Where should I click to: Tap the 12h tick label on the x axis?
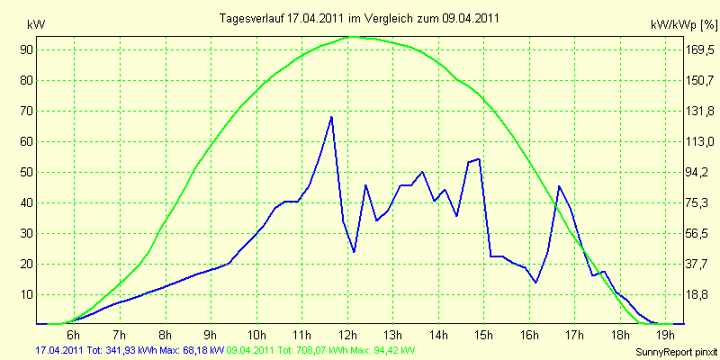(x=348, y=333)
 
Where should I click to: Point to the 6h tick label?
(x=74, y=333)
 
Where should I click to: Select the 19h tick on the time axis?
(x=666, y=333)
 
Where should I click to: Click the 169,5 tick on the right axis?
(x=701, y=49)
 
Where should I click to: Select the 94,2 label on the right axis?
(x=699, y=172)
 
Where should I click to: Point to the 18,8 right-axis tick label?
(x=699, y=294)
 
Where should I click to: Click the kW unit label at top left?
(x=36, y=25)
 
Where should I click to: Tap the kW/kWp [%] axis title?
(x=684, y=25)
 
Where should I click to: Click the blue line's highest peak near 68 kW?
(x=331, y=117)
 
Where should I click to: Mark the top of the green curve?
(x=354, y=36)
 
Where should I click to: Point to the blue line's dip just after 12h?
(x=354, y=252)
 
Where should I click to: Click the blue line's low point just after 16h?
(x=535, y=282)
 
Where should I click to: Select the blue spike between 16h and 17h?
(x=559, y=186)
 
